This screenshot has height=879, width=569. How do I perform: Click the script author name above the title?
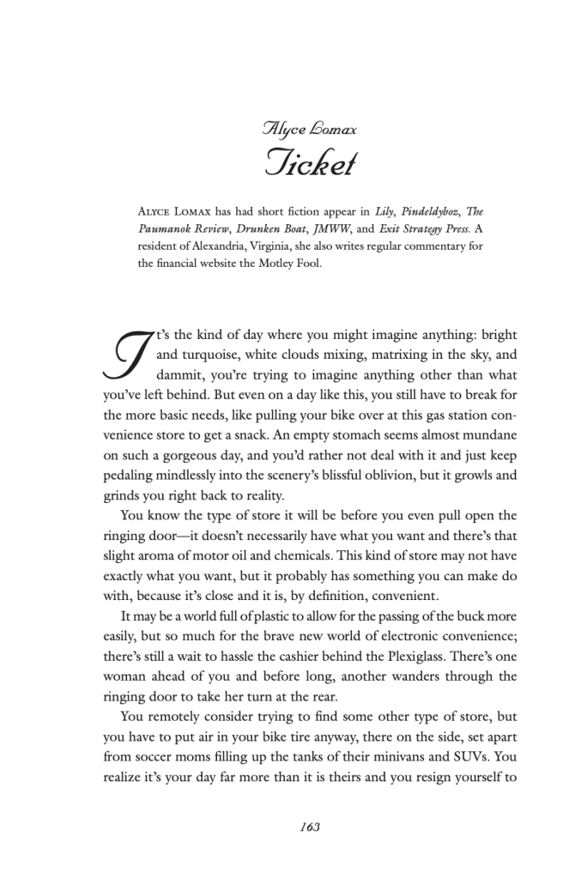pos(309,129)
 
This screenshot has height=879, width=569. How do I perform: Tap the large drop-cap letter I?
pos(126,355)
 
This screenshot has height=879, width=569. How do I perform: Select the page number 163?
pos(310,827)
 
